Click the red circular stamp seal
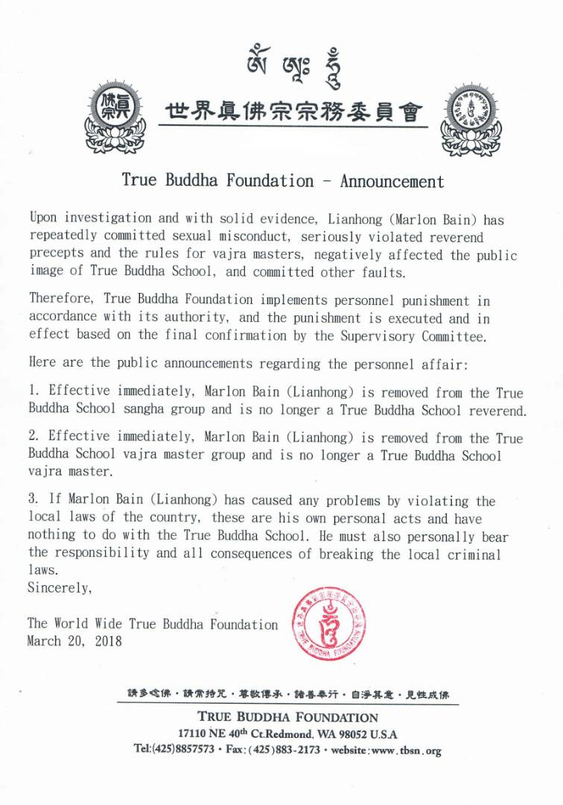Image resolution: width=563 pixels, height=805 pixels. tap(328, 624)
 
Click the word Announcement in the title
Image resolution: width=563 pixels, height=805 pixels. tap(392, 181)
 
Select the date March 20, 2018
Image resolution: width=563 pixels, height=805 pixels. tap(74, 640)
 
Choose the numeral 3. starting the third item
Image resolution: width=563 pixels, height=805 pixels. tap(34, 501)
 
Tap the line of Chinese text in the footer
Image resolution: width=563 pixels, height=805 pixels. tap(287, 695)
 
